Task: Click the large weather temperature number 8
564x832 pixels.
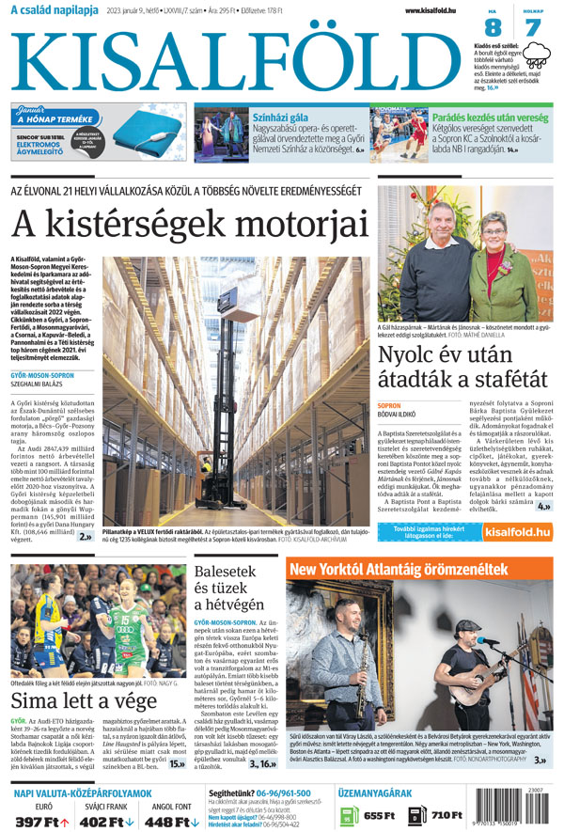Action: coord(492,28)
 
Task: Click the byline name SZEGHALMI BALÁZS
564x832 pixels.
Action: coord(43,384)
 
